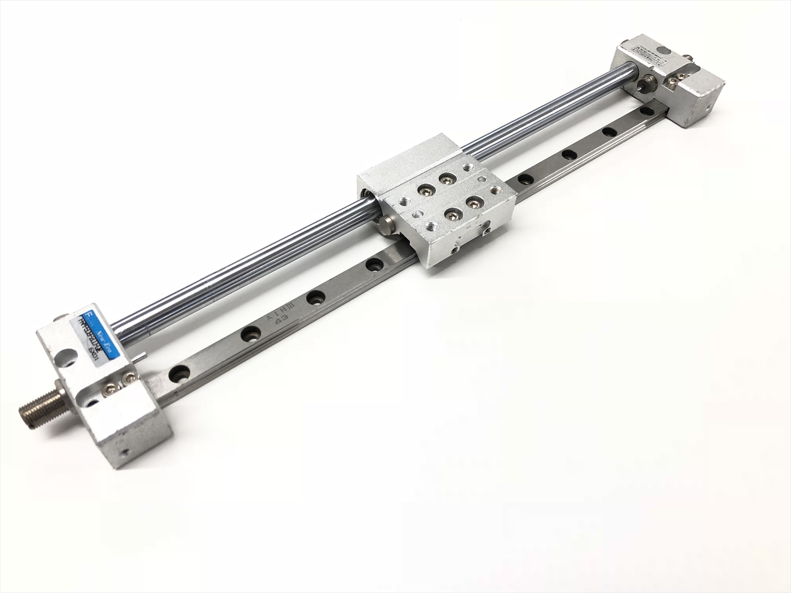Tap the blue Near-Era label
[99, 328]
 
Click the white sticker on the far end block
[642, 49]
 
